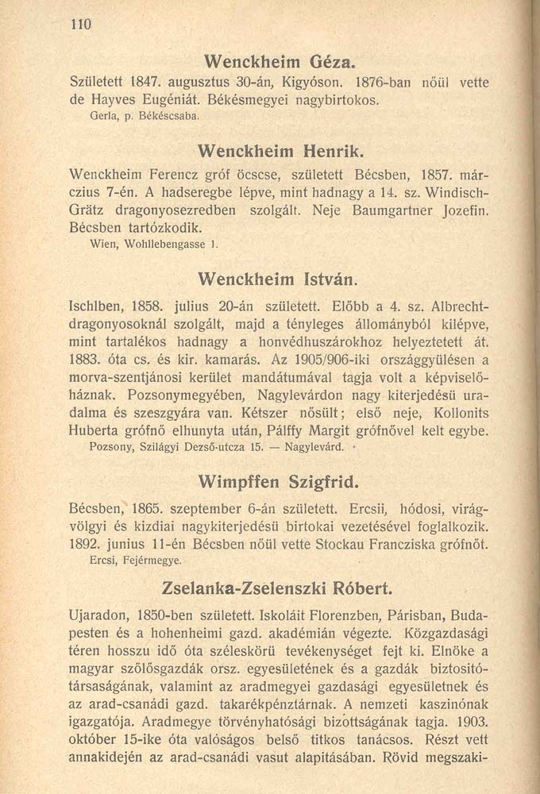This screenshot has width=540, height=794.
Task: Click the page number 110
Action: tap(81, 25)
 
